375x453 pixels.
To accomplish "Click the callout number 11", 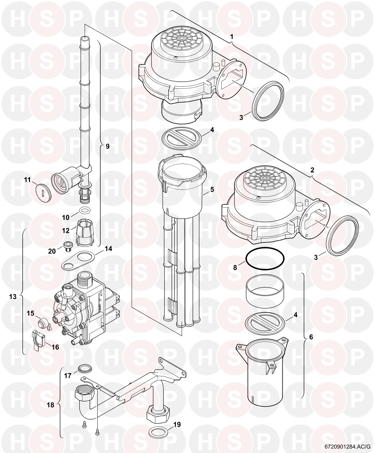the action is point(27,180).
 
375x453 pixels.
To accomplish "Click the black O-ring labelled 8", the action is point(265,259).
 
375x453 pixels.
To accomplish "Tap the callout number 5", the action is point(212,190).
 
